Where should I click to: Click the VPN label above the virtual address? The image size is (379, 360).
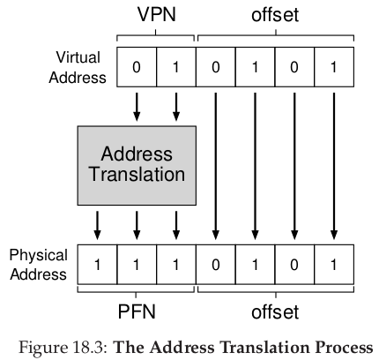(x=157, y=14)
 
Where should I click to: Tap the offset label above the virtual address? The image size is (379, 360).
(x=275, y=14)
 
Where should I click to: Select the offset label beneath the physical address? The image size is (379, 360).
(x=275, y=311)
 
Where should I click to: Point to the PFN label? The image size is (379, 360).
(x=137, y=311)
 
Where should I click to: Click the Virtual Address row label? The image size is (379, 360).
(x=78, y=67)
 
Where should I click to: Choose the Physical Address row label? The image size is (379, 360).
(x=38, y=265)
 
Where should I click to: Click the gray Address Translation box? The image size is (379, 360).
(x=137, y=166)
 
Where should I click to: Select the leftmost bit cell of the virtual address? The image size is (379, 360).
(x=137, y=67)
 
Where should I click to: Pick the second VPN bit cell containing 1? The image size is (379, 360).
(x=176, y=67)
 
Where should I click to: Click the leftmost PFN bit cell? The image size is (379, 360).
(x=97, y=265)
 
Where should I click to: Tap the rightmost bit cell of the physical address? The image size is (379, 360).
(x=334, y=265)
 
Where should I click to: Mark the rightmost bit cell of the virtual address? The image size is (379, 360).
(x=334, y=67)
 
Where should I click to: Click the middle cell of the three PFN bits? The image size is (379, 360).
(x=137, y=265)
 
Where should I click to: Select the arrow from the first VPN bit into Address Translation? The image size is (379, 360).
(x=137, y=107)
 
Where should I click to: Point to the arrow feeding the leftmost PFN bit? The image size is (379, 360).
(x=97, y=225)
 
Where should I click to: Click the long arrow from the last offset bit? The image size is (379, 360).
(x=334, y=166)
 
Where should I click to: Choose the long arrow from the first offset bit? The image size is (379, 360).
(x=216, y=166)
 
